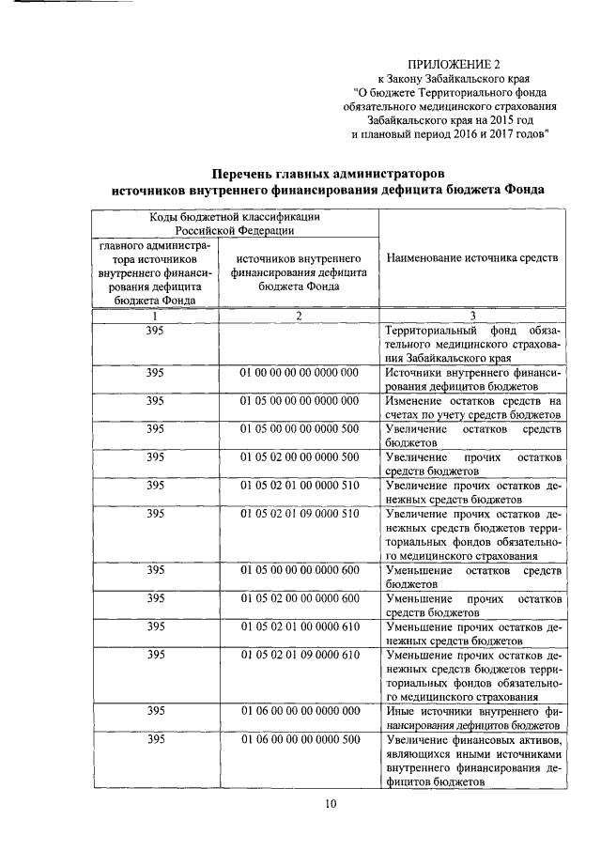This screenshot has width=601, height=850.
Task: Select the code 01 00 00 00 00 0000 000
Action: (299, 373)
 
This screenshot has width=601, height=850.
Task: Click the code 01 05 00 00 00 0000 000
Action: (299, 401)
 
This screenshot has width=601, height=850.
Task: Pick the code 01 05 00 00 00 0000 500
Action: (299, 429)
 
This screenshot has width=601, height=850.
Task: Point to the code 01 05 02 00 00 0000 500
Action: (299, 457)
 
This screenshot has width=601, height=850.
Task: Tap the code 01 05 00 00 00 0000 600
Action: (299, 570)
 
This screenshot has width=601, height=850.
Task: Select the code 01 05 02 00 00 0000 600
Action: (299, 598)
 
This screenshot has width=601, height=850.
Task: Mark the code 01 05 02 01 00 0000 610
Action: (299, 626)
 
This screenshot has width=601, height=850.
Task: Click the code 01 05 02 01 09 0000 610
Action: (299, 655)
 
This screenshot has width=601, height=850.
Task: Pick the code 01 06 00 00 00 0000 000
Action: (299, 711)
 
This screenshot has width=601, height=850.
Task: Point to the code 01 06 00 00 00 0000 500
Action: (299, 739)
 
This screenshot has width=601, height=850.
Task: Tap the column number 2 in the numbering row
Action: (298, 317)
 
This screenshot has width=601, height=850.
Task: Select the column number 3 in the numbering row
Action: (472, 317)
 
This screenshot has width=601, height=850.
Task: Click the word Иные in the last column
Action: (401, 711)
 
